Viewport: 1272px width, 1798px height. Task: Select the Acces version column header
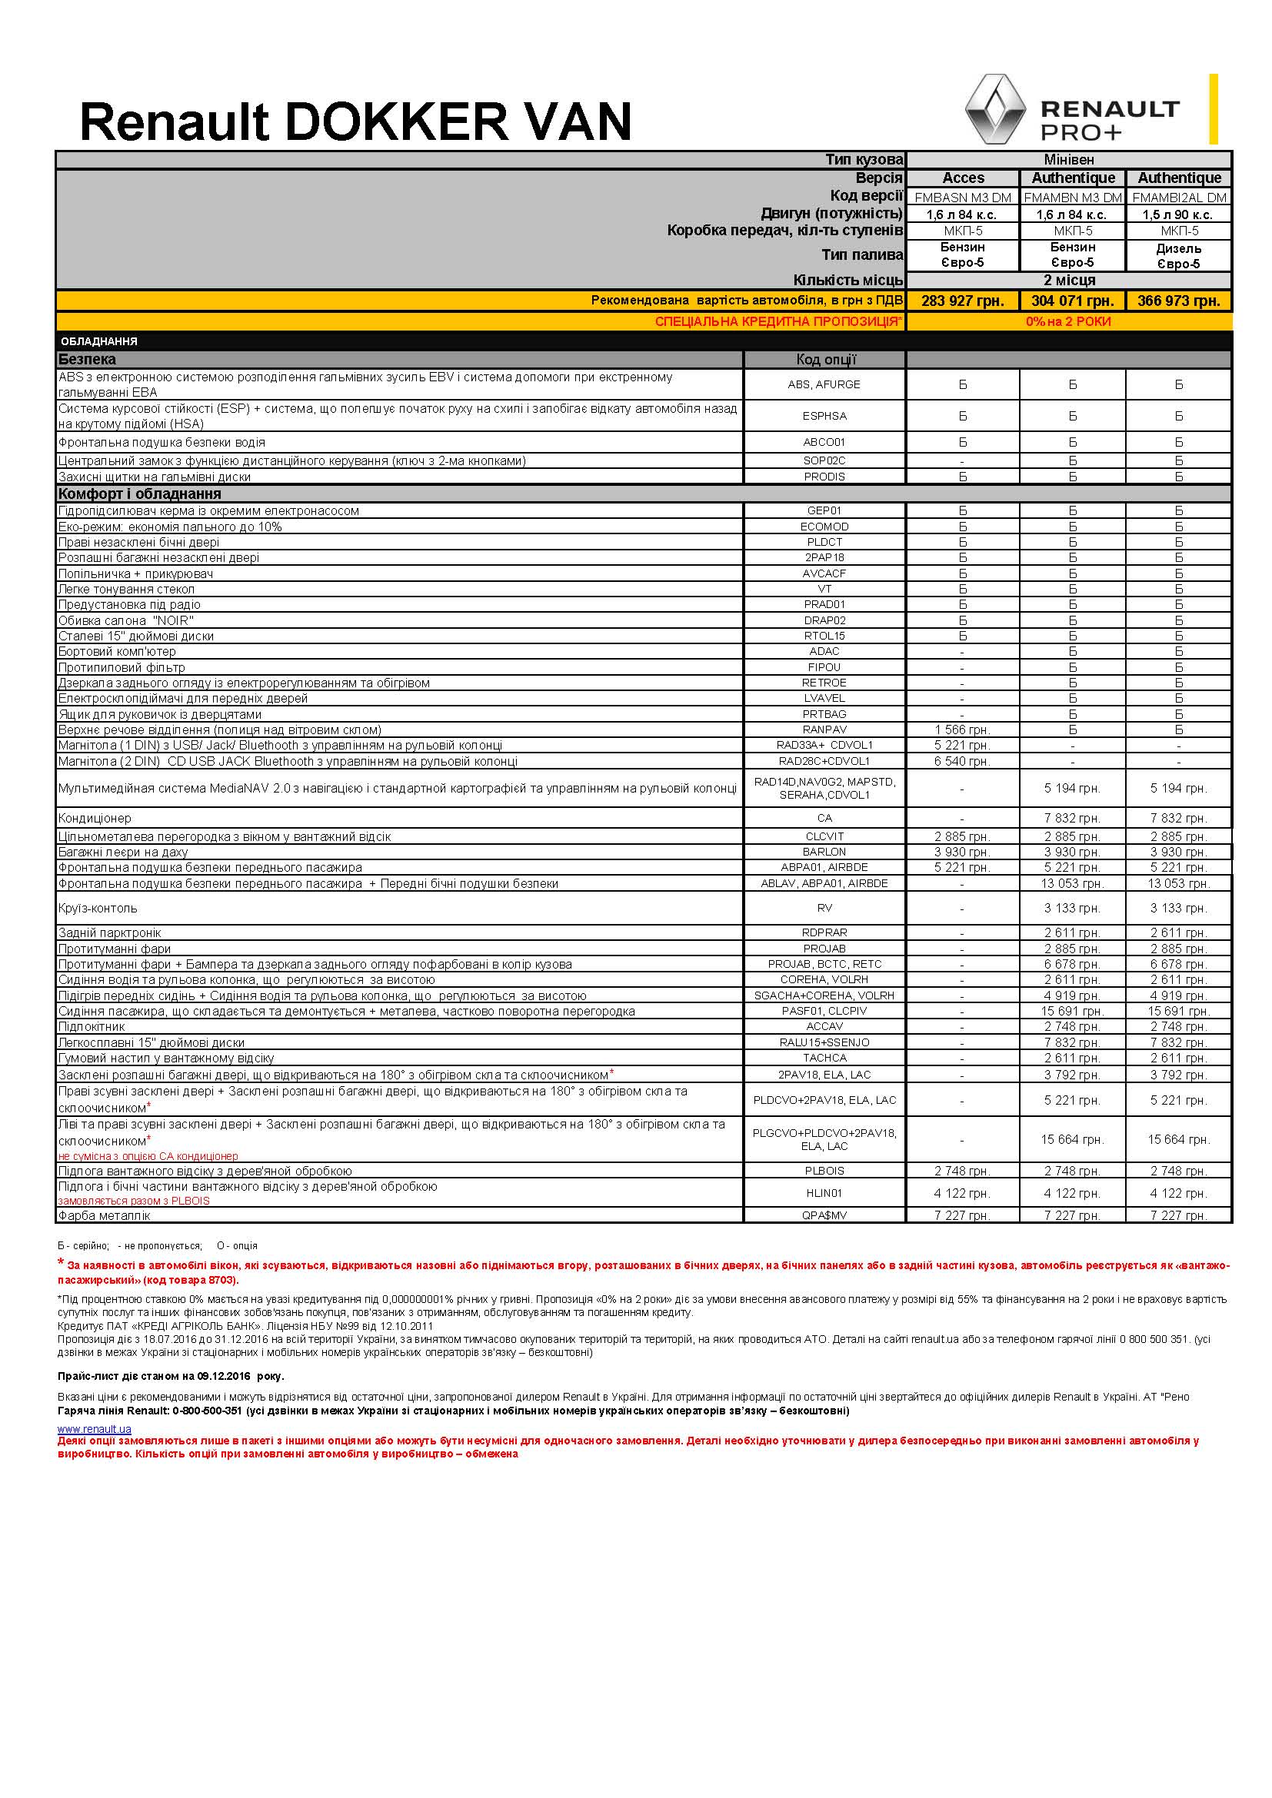[x=963, y=178]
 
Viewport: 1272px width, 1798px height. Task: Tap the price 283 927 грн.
[x=963, y=301]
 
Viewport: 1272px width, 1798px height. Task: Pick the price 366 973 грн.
[x=1178, y=301]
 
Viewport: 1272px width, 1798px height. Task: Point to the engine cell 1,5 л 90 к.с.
[x=1178, y=214]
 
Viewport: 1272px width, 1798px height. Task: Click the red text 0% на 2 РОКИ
[x=1068, y=322]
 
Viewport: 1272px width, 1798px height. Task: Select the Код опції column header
[x=825, y=360]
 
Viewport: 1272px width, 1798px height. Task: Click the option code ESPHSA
[x=824, y=416]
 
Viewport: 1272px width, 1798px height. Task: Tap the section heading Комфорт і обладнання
[x=139, y=494]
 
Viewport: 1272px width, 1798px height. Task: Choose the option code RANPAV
[x=824, y=730]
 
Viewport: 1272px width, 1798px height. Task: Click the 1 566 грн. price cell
[x=962, y=730]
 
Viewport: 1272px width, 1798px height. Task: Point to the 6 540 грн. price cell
[x=962, y=761]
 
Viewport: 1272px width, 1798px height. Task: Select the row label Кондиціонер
[x=95, y=819]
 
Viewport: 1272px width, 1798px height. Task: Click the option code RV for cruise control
[x=824, y=909]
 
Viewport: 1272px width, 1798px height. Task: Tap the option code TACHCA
[x=824, y=1058]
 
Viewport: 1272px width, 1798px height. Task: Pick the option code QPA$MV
[x=824, y=1215]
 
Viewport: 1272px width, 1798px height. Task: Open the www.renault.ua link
[x=94, y=1429]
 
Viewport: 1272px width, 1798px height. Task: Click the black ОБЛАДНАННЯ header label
[x=98, y=341]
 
